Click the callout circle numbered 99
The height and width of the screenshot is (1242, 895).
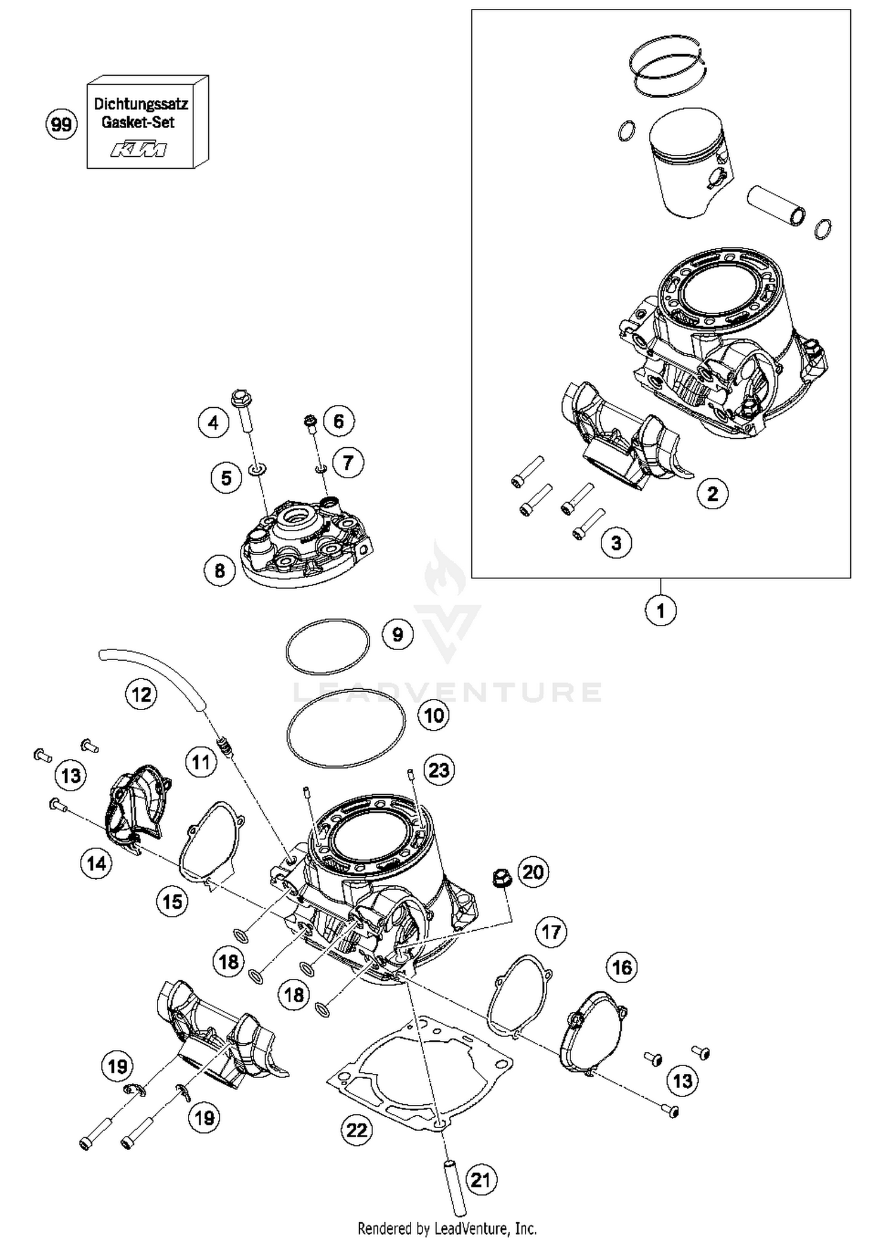(61, 125)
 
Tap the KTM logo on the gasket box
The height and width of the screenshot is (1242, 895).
(138, 149)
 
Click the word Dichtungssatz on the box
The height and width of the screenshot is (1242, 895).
(141, 104)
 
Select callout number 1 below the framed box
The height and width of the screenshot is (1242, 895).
(661, 611)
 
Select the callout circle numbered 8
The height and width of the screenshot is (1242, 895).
(220, 571)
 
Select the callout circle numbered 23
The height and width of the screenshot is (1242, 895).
(439, 770)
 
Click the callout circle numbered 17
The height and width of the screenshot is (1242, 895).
(551, 932)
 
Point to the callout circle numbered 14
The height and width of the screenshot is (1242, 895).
(96, 863)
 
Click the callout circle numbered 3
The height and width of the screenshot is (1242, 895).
(616, 543)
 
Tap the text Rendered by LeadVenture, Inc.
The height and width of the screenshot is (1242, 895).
(447, 1228)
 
